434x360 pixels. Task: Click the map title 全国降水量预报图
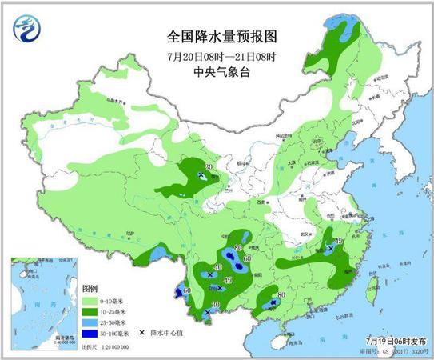pos(209,36)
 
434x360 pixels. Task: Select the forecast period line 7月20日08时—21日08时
pos(209,55)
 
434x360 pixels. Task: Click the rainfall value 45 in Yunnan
pos(229,279)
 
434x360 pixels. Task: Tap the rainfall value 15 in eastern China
pos(339,241)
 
